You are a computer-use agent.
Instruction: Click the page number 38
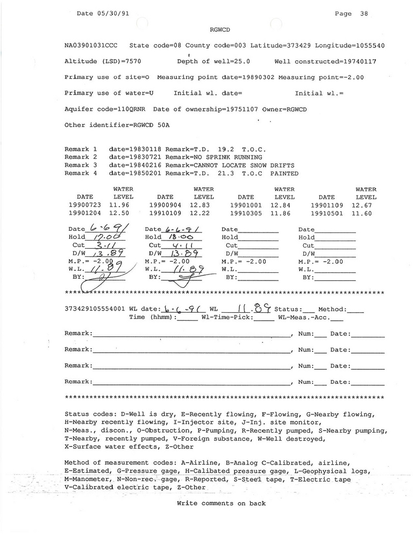coord(364,14)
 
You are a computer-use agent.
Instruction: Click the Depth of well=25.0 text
coord(213,62)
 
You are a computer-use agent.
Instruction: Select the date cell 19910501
coord(327,213)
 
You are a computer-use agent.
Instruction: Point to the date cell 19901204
coord(85,213)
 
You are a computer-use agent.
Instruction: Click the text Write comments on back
coord(221,504)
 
